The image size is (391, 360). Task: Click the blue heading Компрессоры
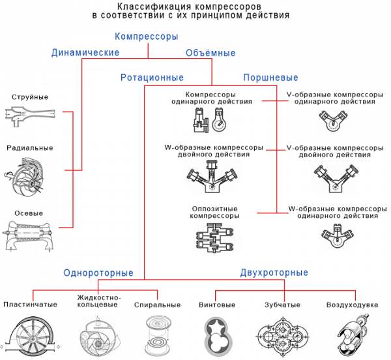coord(146,37)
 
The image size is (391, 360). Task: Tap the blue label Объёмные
coord(210,53)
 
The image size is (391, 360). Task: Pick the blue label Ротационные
coord(152,78)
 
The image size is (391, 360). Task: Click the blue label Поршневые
coord(270,78)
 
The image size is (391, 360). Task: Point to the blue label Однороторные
coord(98,273)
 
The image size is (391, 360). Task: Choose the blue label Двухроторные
coord(274,273)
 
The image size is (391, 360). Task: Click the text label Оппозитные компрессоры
coord(214,211)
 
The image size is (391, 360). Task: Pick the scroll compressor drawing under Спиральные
coord(157,334)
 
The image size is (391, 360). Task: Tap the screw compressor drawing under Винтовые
coord(216,335)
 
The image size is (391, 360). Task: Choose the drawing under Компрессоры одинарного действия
coord(208,120)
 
